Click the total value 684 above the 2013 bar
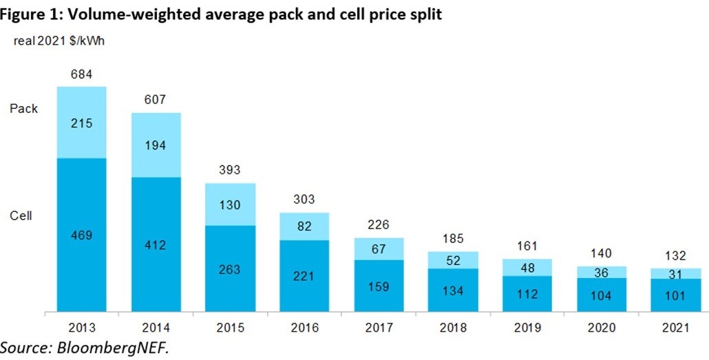[x=81, y=74]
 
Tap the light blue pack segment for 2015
[x=231, y=204]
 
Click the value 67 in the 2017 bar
[x=379, y=248]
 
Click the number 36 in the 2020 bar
[x=602, y=273]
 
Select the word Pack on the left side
[x=23, y=109]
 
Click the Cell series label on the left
[x=21, y=215]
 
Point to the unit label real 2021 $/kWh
[x=59, y=41]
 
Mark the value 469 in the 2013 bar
[x=81, y=235]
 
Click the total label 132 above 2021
[x=675, y=256]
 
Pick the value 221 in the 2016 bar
[x=304, y=277]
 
